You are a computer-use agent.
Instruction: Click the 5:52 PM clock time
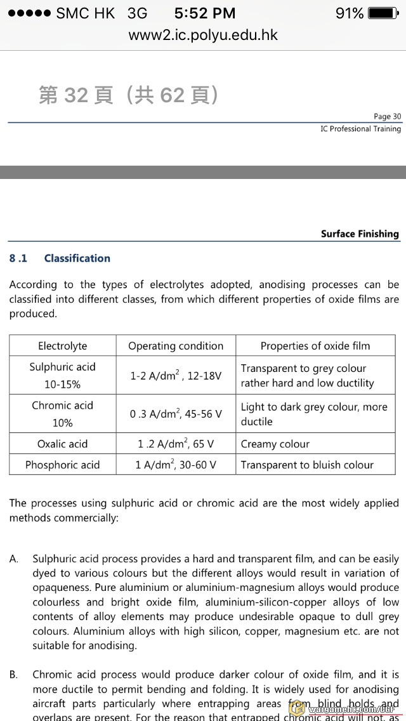tap(204, 13)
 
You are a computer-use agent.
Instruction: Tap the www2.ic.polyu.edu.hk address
tap(203, 35)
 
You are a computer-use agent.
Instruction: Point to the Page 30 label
tap(387, 116)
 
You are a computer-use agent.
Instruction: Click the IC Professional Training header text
tap(360, 129)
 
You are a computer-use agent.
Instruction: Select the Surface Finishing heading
tap(360, 234)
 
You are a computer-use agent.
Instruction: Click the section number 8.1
tap(18, 258)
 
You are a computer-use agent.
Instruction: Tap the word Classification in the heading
tap(77, 258)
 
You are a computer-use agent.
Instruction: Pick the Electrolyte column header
tap(63, 346)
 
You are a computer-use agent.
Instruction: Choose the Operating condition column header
tap(176, 346)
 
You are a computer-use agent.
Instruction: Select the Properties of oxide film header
tap(315, 346)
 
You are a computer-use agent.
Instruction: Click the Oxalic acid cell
tap(63, 444)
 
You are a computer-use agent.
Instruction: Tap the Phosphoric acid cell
tap(63, 465)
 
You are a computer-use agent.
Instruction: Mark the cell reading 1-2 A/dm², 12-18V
tap(176, 376)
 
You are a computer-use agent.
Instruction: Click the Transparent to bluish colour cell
tap(307, 465)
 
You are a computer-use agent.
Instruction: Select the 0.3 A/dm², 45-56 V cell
tap(176, 414)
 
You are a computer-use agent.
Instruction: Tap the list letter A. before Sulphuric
tap(13, 559)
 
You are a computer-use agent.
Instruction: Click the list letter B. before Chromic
tap(13, 675)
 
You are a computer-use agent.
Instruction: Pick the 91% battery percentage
tap(349, 13)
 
